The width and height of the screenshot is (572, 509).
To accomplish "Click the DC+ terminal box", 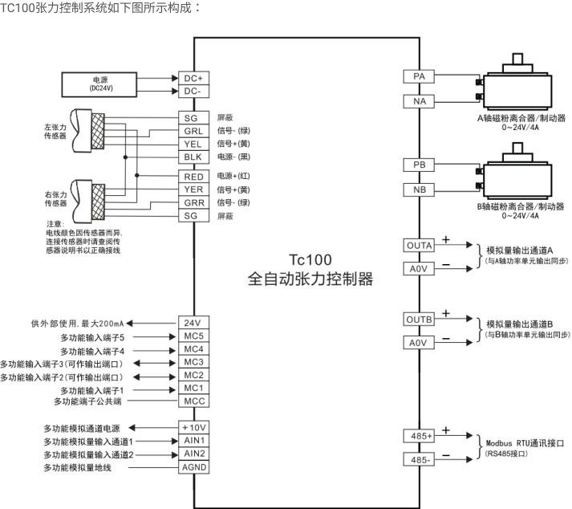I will (x=193, y=78).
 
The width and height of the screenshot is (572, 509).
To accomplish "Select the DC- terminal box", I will (x=193, y=91).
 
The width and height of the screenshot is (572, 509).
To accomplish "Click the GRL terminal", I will (x=193, y=131).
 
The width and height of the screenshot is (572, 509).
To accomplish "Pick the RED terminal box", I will (x=193, y=177).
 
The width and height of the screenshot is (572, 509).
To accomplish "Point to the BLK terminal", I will (x=193, y=157).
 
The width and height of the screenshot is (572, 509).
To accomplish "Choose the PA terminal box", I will (x=419, y=76).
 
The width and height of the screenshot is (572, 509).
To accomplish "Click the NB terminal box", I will (x=419, y=190).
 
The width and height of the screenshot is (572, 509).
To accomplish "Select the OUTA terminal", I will (x=419, y=245).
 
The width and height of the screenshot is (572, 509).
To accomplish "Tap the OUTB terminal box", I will (x=419, y=320).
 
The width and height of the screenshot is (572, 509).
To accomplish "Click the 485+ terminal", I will (x=419, y=436).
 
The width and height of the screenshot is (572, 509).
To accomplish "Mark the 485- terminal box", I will (x=419, y=460).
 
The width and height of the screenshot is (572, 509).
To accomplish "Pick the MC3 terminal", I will (x=193, y=362).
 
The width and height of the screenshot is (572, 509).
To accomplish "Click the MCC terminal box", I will (x=193, y=401).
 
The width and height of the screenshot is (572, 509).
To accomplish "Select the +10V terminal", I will (x=193, y=427).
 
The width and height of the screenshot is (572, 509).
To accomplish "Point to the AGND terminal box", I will (x=193, y=466).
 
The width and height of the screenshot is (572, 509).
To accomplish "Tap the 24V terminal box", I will (x=193, y=323).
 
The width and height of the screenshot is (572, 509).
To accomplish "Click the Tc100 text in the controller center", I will (x=310, y=263).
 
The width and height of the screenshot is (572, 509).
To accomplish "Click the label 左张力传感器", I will (x=55, y=132).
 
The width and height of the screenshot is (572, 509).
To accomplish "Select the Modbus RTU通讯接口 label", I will (x=526, y=443).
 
